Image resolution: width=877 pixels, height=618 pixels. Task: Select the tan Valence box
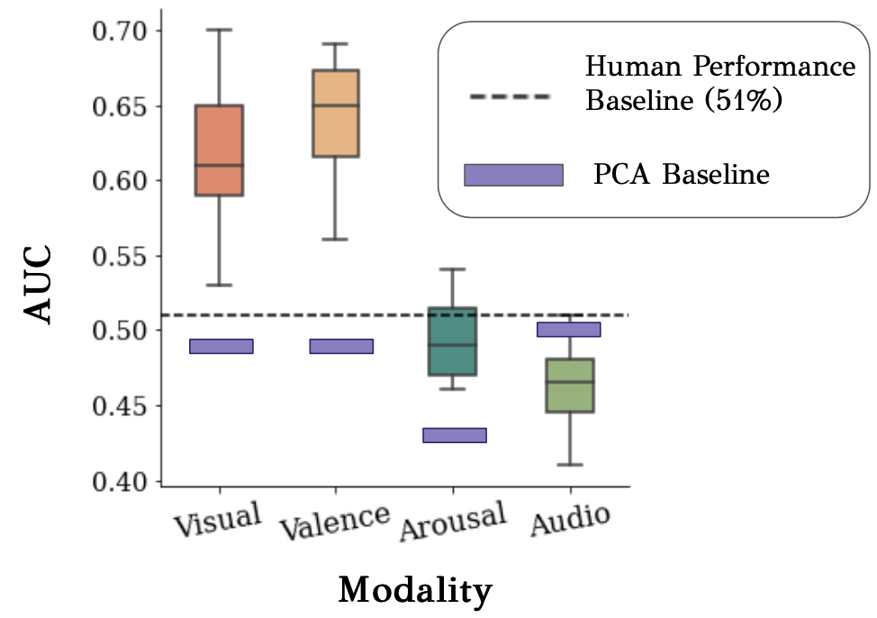[336, 114]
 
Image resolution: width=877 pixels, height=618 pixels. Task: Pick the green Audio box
[570, 386]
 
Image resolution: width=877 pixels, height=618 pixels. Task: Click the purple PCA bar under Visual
[220, 346]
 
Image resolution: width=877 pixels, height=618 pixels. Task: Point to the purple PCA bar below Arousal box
[454, 435]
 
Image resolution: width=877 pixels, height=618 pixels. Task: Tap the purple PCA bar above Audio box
[569, 329]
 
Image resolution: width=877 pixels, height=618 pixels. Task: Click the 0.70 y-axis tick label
[122, 32]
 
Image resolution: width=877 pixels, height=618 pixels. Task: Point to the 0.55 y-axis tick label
[122, 257]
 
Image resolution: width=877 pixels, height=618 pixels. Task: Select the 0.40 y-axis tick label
[122, 481]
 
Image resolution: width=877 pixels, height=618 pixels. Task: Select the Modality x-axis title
[415, 591]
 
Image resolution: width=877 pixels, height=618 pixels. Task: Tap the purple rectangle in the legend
[513, 175]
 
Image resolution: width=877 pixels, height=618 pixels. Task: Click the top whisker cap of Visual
[220, 30]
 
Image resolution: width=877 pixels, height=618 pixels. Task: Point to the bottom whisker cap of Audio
[570, 465]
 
